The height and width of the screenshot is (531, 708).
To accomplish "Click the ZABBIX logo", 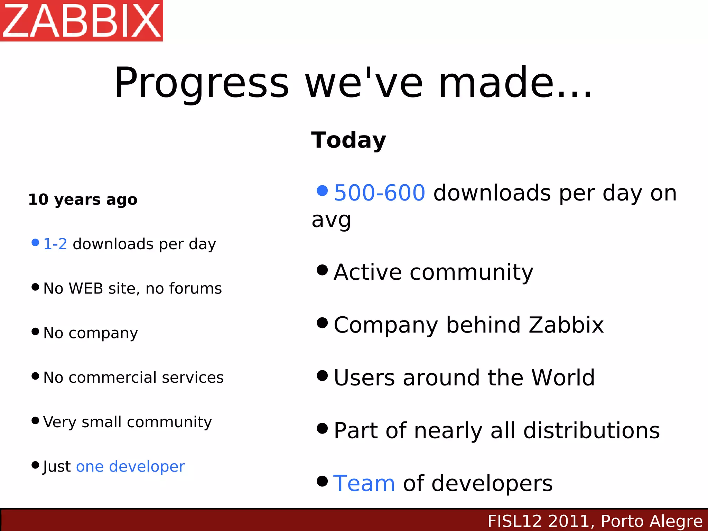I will [82, 20].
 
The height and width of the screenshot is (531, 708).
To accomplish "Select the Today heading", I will [348, 140].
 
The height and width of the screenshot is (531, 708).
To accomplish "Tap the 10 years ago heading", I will [83, 199].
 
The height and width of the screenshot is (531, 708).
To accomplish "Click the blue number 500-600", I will [379, 193].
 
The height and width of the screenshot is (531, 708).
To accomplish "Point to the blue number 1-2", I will [55, 244].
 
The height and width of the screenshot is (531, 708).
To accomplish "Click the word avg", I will [331, 220].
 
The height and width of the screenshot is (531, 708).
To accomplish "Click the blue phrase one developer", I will [130, 466].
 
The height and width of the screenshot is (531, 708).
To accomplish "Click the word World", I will [563, 378].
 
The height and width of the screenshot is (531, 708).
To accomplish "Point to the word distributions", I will [591, 430].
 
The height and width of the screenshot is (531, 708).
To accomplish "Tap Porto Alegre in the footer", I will [652, 521].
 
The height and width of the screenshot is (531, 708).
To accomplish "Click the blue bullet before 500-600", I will [322, 190].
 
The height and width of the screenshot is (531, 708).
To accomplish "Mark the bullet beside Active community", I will [322, 270].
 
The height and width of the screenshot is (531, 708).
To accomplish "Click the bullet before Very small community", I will [35, 420].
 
